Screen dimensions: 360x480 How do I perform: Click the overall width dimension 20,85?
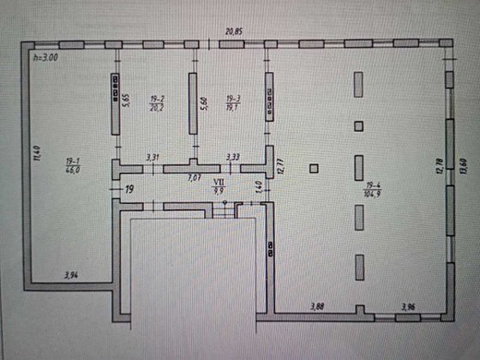[x=234, y=32]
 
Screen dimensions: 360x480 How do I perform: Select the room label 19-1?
[x=71, y=160]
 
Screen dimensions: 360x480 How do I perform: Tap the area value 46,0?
[x=71, y=171]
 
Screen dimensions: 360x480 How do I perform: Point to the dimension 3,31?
[x=153, y=157]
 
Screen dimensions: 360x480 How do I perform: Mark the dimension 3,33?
[x=232, y=157]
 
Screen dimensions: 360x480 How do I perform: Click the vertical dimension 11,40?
[x=36, y=154]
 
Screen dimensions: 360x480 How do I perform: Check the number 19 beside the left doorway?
[x=129, y=190]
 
